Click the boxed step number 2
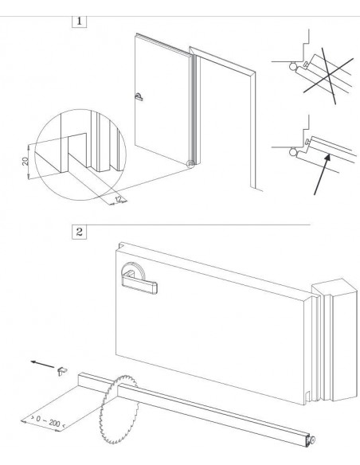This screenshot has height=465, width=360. tap(80, 232)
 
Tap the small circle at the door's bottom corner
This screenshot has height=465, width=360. tap(190, 164)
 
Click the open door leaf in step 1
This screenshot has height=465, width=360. tap(159, 104)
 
